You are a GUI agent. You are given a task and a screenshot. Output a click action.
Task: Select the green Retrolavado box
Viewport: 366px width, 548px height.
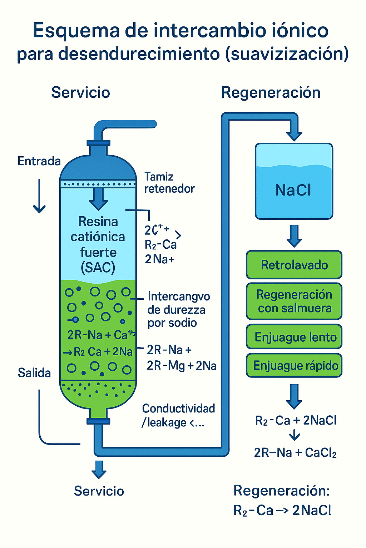[x=294, y=265]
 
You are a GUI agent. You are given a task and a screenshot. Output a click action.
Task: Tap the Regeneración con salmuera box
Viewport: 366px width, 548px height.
[x=294, y=301]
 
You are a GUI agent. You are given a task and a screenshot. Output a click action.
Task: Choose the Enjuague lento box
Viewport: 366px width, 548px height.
[x=294, y=337]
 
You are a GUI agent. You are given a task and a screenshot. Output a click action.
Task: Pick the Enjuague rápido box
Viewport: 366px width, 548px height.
[x=294, y=365]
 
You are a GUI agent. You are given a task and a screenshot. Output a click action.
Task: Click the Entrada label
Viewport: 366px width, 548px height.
[x=39, y=161]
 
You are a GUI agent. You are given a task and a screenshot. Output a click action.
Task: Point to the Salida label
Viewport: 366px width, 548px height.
[x=34, y=373]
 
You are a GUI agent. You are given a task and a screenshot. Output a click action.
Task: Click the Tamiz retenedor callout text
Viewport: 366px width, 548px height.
[x=169, y=182]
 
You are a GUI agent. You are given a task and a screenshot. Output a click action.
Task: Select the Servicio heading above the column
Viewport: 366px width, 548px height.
[x=80, y=92]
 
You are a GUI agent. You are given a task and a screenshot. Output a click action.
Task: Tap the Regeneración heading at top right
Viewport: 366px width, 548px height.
[x=271, y=92]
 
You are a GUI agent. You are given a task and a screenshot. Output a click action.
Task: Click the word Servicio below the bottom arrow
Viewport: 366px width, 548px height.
[x=99, y=491]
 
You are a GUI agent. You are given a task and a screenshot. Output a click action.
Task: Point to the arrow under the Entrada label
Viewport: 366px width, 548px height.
[x=39, y=196]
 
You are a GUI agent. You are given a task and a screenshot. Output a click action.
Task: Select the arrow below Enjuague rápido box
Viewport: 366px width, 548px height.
[x=294, y=396]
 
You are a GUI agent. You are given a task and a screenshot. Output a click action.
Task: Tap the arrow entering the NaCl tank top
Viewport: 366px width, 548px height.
[x=295, y=134]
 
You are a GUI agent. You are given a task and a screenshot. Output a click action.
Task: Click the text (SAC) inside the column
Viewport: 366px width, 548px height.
[x=98, y=267]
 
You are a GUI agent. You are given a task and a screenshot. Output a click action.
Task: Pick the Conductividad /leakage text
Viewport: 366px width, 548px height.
[x=178, y=415]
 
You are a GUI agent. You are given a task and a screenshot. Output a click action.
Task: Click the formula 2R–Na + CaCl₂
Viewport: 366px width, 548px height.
[x=295, y=453]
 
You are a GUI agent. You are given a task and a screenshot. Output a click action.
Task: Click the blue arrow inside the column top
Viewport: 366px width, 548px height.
[x=98, y=199]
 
